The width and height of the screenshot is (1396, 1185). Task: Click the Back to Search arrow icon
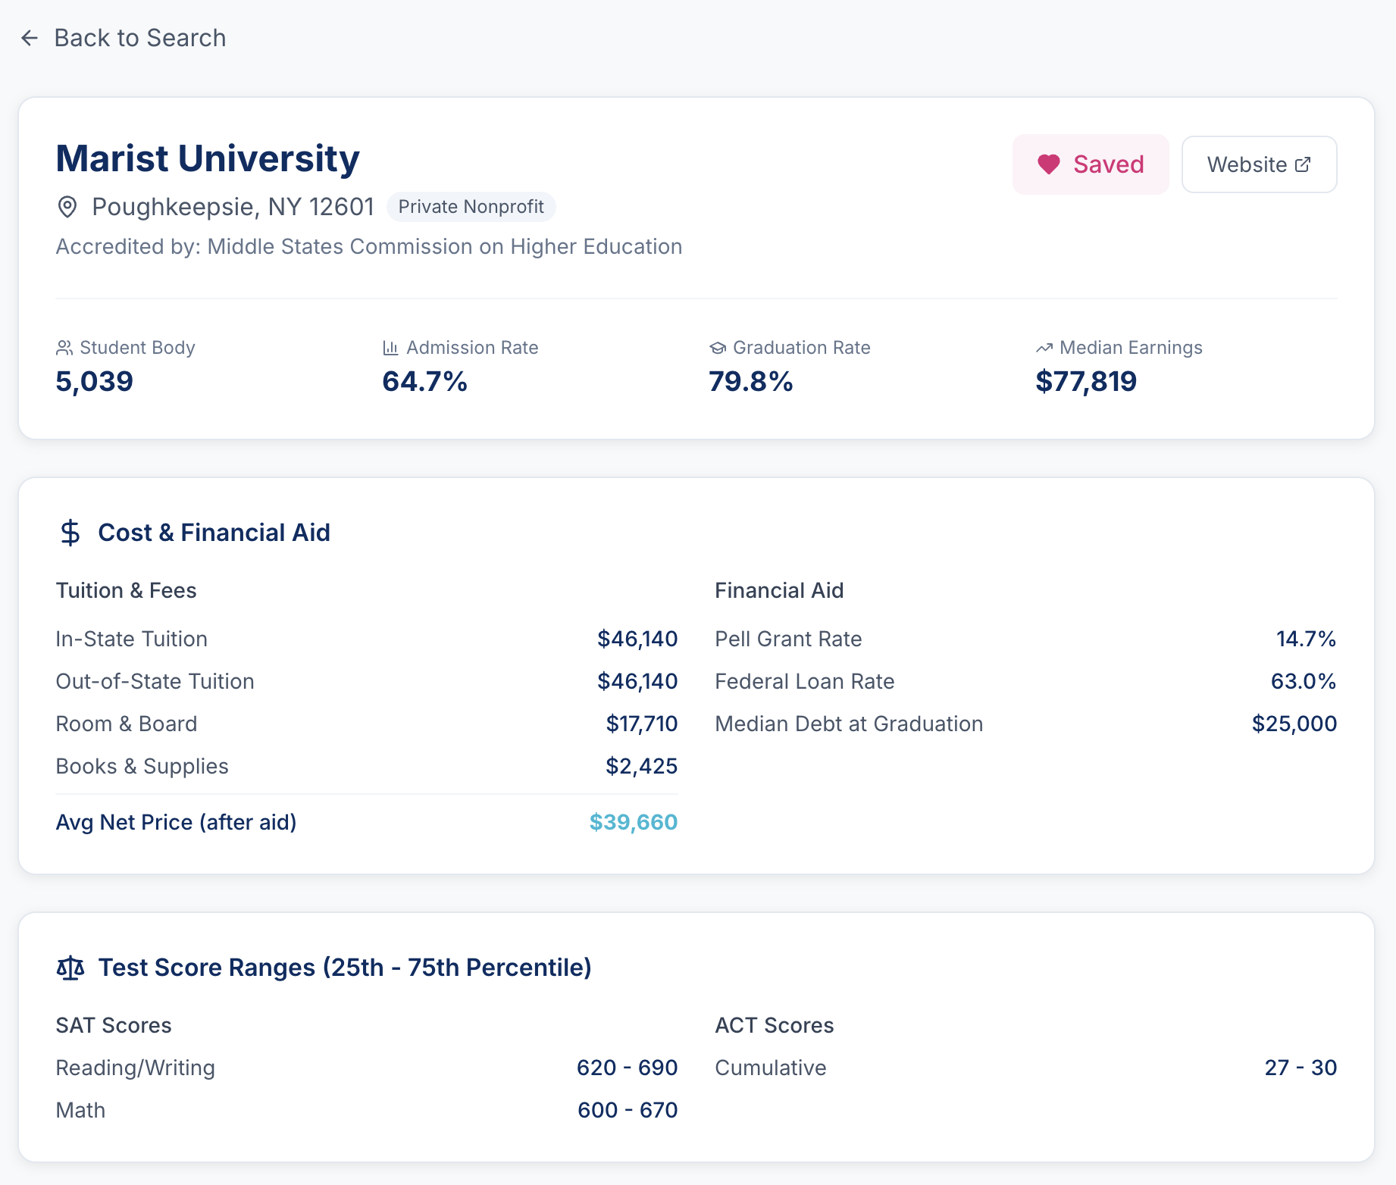[30, 38]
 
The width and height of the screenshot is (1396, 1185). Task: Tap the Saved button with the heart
[1090, 164]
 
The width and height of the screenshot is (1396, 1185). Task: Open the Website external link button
[1259, 164]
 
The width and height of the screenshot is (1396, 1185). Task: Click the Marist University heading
[208, 158]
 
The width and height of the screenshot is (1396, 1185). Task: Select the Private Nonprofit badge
[471, 207]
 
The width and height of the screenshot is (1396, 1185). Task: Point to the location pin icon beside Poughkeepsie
[67, 207]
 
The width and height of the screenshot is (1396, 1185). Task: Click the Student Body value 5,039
[95, 381]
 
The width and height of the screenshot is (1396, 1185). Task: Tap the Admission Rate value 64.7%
[424, 381]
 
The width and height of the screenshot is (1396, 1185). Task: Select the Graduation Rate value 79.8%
[750, 381]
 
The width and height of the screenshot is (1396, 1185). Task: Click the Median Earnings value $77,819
[1085, 381]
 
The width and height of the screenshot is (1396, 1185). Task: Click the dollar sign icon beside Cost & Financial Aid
[70, 533]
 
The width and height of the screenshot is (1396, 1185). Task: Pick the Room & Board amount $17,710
[641, 724]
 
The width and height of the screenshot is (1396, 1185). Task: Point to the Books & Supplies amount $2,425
[641, 766]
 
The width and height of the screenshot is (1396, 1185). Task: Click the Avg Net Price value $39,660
[633, 822]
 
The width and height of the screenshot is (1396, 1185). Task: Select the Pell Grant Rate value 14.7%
[1305, 639]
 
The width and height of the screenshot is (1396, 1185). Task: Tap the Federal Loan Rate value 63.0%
[1303, 681]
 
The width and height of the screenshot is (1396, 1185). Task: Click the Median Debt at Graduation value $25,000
[1294, 724]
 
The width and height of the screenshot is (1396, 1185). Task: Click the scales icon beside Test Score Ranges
[70, 968]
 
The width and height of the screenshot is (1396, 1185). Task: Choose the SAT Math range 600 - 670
[627, 1110]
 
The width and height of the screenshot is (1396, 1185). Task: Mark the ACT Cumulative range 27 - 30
[1300, 1068]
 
